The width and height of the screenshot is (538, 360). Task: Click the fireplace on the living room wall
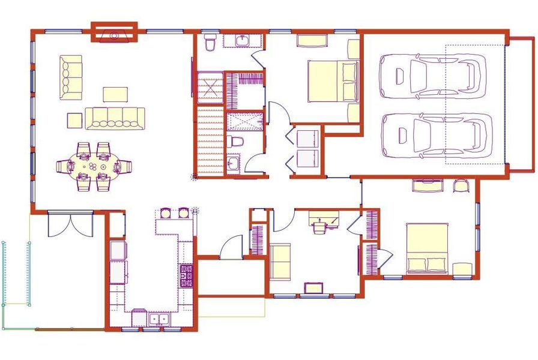[114, 34]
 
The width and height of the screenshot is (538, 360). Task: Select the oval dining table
[93, 166]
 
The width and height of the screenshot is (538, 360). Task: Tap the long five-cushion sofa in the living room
[115, 118]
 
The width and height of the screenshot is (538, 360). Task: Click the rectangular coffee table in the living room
[115, 94]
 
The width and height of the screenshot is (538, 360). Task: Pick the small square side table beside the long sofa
[74, 120]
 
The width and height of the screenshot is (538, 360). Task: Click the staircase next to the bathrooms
[210, 141]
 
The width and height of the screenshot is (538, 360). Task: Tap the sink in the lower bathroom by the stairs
[233, 163]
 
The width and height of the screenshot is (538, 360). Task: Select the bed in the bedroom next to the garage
[332, 81]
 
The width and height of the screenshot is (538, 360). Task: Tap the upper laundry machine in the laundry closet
[307, 139]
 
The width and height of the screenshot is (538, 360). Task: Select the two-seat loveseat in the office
[279, 262]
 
